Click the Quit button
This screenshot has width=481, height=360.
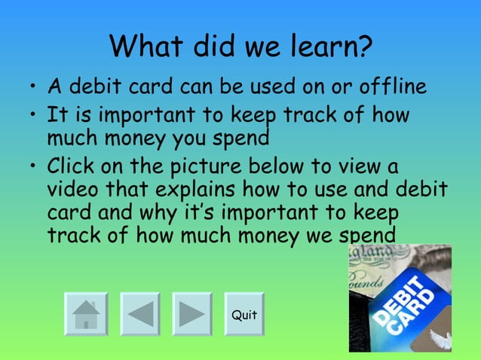click(244, 314)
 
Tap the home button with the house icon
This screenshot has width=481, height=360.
click(86, 314)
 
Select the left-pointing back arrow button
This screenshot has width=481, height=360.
click(140, 314)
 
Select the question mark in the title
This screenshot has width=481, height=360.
click(364, 47)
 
